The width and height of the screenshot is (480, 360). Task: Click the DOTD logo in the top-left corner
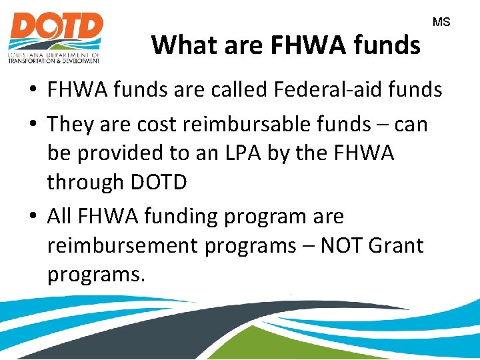55,37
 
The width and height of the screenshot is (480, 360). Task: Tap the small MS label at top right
441,23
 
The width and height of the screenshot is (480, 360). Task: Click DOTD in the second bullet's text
159,182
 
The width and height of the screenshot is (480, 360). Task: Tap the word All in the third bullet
61,216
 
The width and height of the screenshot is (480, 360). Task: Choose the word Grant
396,245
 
